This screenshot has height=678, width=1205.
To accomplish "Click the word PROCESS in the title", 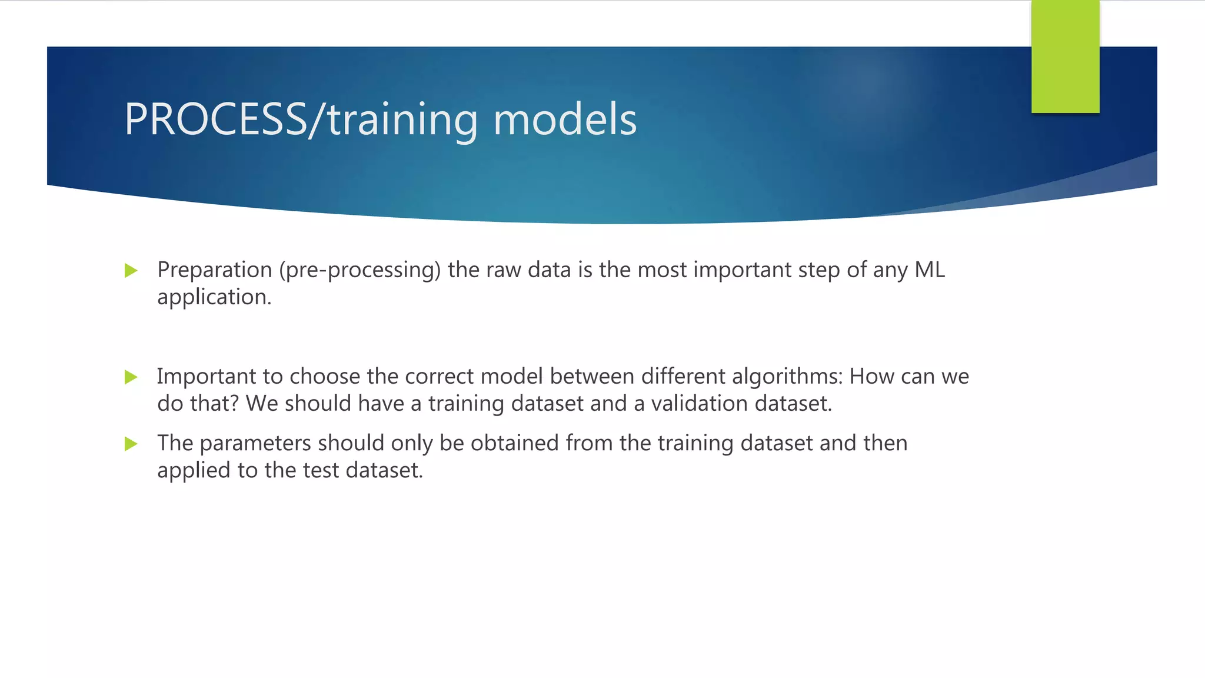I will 215,119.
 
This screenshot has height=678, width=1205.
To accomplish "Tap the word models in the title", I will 565,119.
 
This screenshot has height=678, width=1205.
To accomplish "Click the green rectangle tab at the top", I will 1065,56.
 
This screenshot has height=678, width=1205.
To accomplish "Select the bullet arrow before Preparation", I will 131,271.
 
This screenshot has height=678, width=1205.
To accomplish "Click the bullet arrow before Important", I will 131,377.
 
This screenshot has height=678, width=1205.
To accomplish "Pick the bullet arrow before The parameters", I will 131,444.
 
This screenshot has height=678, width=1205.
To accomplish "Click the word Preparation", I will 214,270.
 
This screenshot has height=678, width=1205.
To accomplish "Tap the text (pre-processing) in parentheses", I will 359,270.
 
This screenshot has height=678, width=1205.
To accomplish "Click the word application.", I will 214,298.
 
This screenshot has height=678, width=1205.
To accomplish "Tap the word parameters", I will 255,444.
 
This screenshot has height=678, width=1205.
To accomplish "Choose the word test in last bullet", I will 321,470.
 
